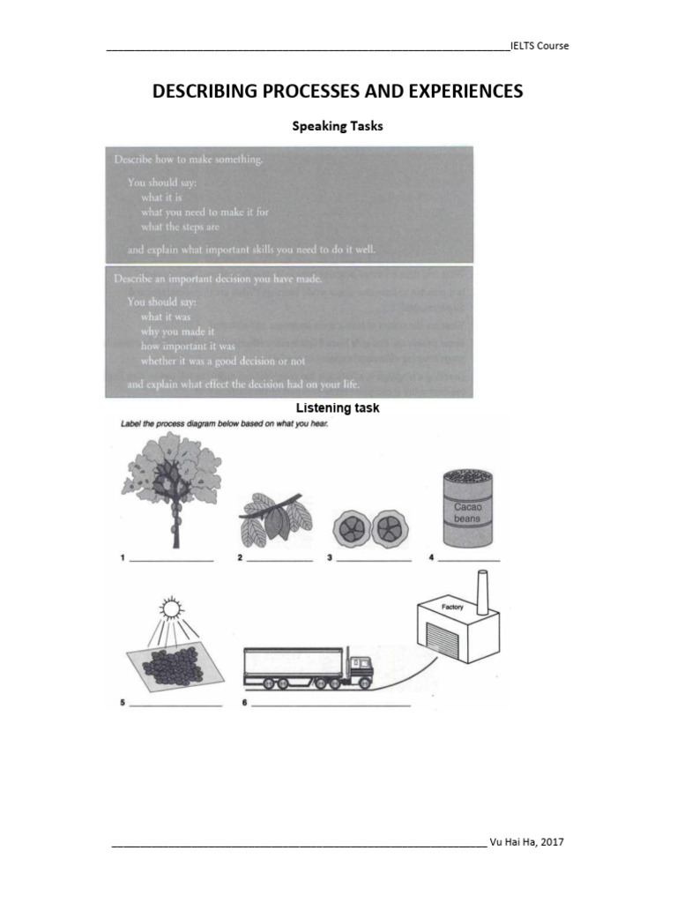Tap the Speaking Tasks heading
tap(338, 126)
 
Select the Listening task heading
tap(338, 408)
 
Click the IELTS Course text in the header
tap(539, 46)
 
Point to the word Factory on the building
tap(451, 608)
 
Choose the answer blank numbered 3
tap(374, 560)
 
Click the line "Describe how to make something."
tap(188, 160)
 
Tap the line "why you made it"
tap(177, 332)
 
